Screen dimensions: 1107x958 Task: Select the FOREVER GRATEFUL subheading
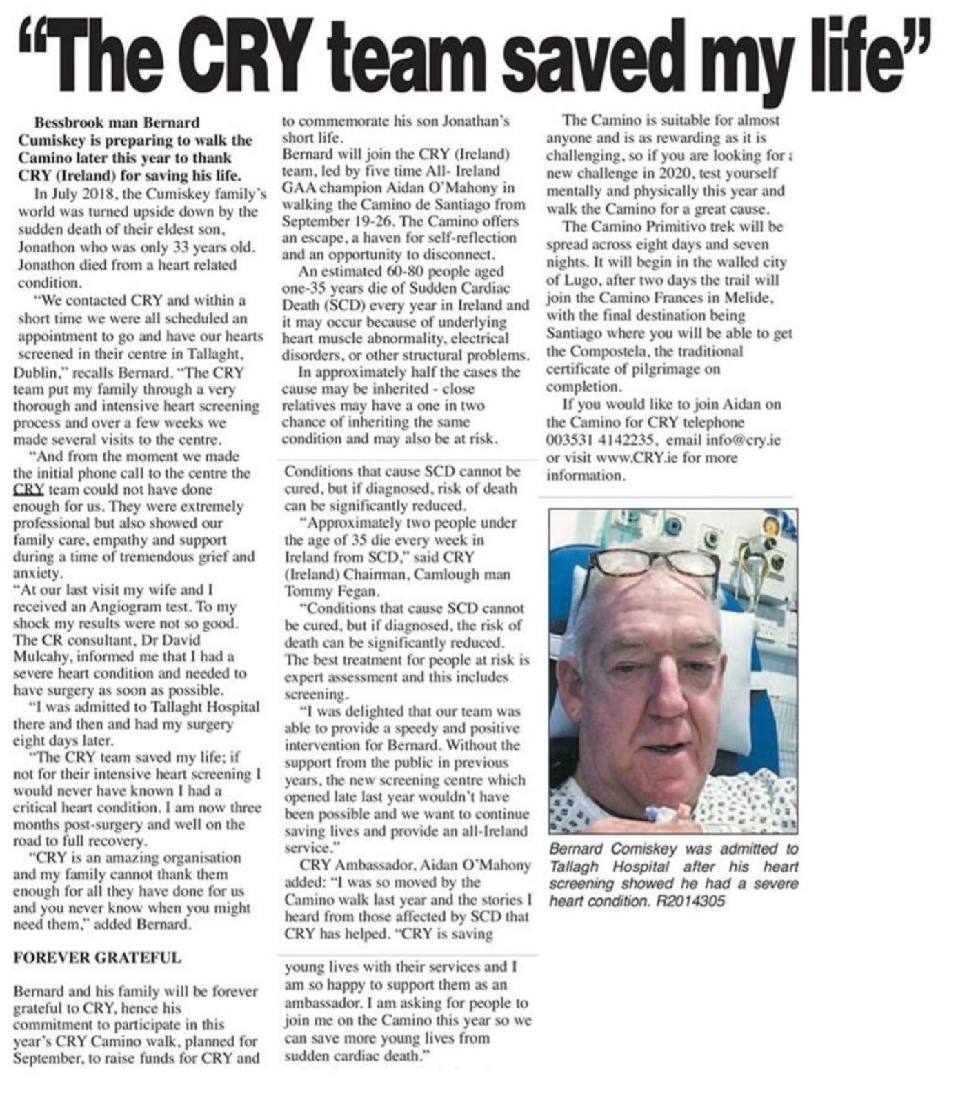[x=97, y=957]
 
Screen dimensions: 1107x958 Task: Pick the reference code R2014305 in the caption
[x=689, y=901]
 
